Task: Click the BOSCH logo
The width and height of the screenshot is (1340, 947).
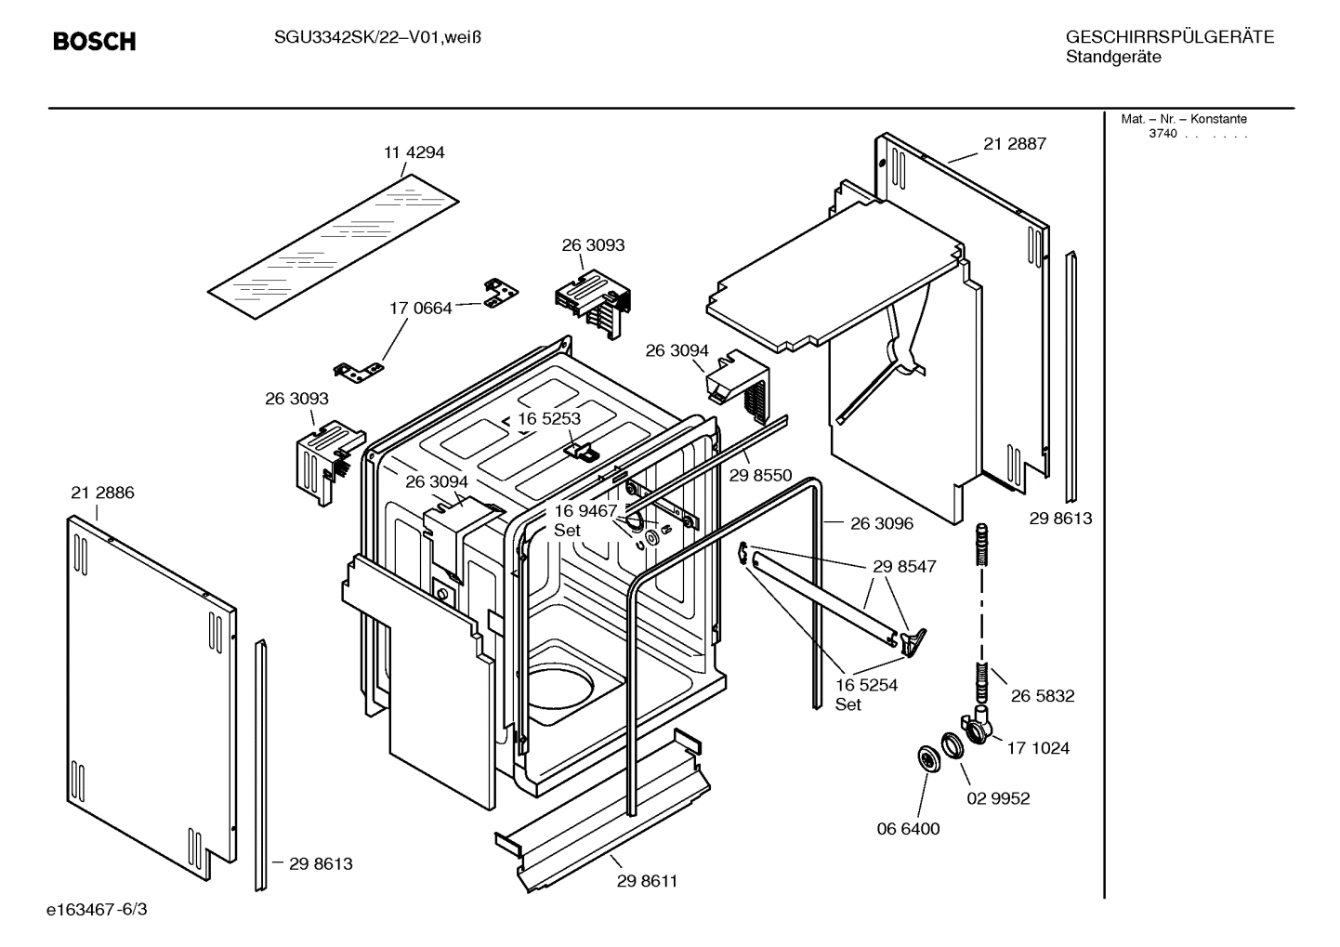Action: (x=94, y=42)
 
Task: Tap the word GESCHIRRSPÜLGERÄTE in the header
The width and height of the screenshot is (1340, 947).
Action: (x=1169, y=37)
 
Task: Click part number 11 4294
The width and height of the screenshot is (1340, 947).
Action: (x=414, y=152)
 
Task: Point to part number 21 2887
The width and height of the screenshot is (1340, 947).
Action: (x=1015, y=143)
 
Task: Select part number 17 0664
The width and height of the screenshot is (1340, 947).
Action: (x=420, y=308)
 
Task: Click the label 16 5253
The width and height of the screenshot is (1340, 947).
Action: (x=549, y=418)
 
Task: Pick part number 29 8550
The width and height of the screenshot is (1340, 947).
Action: (x=760, y=475)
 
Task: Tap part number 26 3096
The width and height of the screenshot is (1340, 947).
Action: (x=882, y=523)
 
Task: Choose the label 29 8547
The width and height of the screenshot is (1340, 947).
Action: (x=904, y=566)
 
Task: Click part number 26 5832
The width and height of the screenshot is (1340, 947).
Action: (x=1043, y=695)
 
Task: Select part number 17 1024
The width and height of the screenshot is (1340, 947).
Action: (x=1038, y=747)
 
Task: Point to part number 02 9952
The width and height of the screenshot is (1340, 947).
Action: (x=998, y=798)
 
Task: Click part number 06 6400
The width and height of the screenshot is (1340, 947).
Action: (x=909, y=828)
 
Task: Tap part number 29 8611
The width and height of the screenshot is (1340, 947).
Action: (x=647, y=881)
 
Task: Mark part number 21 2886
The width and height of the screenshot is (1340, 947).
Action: (x=102, y=493)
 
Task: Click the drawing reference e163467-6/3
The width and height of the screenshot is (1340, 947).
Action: (x=97, y=908)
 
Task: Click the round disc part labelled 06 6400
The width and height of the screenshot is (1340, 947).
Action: (x=928, y=758)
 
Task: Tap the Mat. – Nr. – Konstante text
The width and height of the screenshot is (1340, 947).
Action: (x=1184, y=119)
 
